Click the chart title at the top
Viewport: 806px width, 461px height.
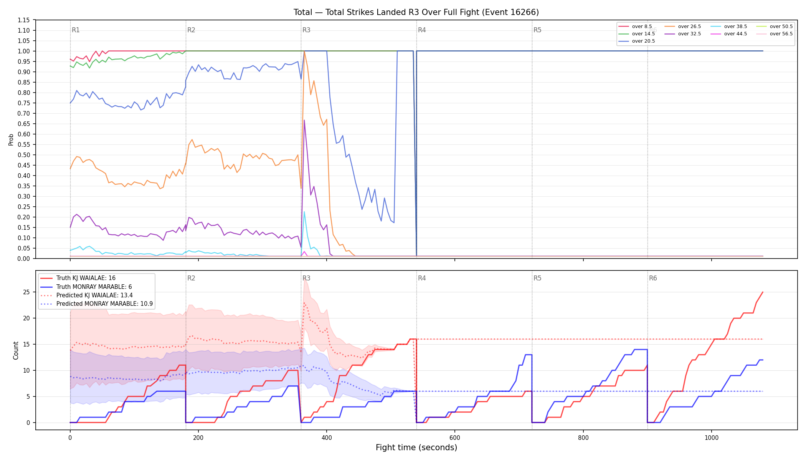pos(416,12)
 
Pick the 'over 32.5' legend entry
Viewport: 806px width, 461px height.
pos(683,34)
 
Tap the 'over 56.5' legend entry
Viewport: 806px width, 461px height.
pos(775,34)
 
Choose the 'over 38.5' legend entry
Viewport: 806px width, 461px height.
pos(729,27)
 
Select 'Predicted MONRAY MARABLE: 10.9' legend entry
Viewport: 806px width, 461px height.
pos(96,304)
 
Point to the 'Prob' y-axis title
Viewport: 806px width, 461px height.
pos(11,139)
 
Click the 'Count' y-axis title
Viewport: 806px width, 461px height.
pos(16,350)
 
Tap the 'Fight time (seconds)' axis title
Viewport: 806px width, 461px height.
pos(416,448)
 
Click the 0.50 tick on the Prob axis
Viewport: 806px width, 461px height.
pos(24,155)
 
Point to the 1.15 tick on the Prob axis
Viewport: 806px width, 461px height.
pos(24,20)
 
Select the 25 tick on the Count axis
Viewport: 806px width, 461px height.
pos(26,292)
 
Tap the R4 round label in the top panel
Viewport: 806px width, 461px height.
pos(422,30)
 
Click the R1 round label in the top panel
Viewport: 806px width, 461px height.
pos(76,30)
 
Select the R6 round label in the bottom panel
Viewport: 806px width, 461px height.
pos(653,278)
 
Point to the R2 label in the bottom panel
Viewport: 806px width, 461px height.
pos(191,278)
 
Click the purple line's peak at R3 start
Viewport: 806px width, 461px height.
pos(304,120)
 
